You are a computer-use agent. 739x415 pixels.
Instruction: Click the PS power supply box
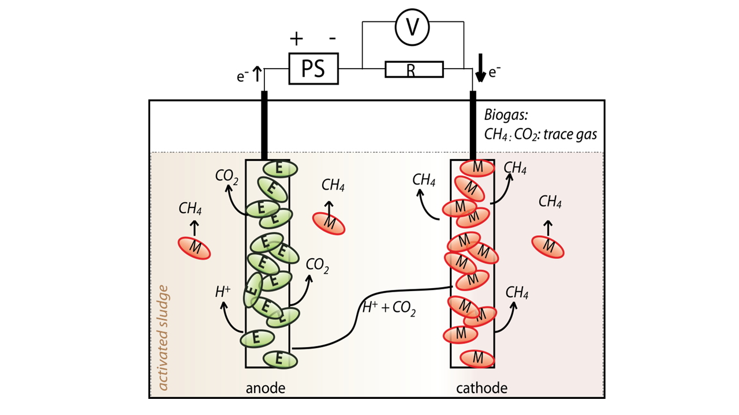pyautogui.click(x=313, y=69)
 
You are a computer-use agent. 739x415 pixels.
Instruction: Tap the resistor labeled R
pyautogui.click(x=414, y=70)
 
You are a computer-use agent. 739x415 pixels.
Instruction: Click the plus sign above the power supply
pyautogui.click(x=296, y=39)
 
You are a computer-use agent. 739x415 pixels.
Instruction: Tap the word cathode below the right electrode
pyautogui.click(x=482, y=388)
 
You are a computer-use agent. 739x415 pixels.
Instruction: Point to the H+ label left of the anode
pyautogui.click(x=223, y=292)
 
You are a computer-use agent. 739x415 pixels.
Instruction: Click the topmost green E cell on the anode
pyautogui.click(x=280, y=168)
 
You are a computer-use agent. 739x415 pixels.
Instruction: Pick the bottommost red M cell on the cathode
pyautogui.click(x=477, y=358)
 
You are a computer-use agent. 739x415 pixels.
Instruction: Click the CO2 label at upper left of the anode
pyautogui.click(x=227, y=176)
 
